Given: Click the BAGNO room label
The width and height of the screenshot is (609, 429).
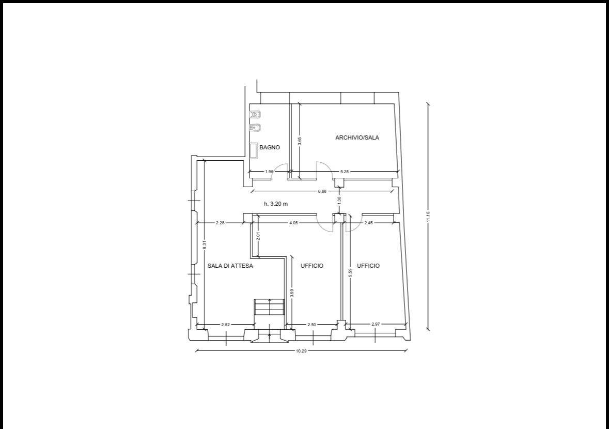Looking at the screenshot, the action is click(270, 148).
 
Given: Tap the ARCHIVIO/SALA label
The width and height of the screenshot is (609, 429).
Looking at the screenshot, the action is click(357, 137).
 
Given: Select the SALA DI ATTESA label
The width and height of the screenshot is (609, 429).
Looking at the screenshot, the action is click(230, 266).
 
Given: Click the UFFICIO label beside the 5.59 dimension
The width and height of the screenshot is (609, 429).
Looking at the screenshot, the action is click(368, 266).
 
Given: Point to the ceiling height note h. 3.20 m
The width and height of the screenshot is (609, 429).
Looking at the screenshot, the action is click(276, 204).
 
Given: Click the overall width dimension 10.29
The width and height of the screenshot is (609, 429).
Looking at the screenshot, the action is click(301, 351).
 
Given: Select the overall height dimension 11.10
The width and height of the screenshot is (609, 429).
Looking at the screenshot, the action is click(428, 217).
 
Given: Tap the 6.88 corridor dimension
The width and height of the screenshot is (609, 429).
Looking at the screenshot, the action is click(322, 191).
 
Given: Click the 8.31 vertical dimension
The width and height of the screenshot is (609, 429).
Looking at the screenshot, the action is click(205, 245).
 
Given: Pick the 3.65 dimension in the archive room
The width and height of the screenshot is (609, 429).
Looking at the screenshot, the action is click(300, 141).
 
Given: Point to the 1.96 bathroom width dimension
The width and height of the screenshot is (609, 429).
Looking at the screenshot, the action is click(269, 172).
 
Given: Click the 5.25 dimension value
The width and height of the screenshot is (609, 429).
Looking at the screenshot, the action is click(344, 172).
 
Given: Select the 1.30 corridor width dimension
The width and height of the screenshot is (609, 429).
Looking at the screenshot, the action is click(339, 201).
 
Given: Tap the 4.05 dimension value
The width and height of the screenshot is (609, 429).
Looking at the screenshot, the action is click(293, 223).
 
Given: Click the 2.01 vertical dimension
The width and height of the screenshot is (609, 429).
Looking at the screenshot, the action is click(258, 236).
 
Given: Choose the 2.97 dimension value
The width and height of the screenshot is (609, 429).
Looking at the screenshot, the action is click(376, 324).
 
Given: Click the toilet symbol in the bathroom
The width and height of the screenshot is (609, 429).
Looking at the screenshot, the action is click(255, 115).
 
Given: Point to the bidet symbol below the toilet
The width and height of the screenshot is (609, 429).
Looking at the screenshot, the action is click(255, 128).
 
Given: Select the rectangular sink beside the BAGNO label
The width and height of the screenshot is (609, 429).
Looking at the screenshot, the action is click(254, 151).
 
